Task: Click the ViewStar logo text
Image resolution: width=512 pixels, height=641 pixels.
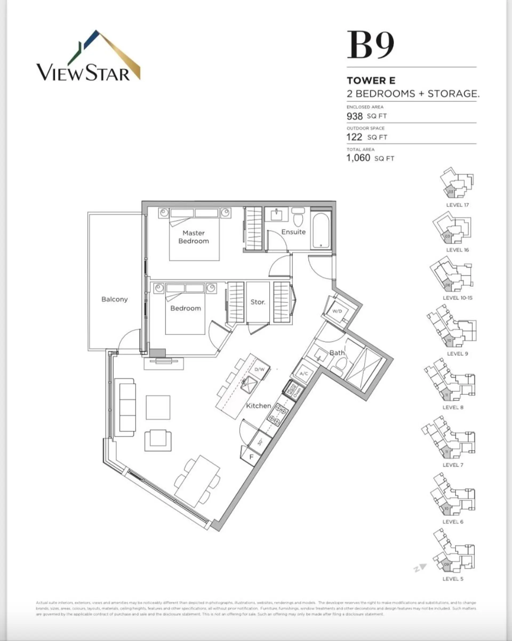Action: point(83,73)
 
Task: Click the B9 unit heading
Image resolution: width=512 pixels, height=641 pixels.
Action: point(370,45)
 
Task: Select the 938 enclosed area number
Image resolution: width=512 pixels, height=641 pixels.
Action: point(354,116)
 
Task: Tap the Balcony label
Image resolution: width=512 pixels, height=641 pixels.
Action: point(114,299)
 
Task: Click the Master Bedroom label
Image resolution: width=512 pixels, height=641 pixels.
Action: point(194,237)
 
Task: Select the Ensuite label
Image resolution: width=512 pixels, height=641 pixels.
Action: point(293,232)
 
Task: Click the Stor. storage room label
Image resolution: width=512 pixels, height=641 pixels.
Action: point(258,302)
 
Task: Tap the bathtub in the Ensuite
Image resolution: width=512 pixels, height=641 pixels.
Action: point(321,230)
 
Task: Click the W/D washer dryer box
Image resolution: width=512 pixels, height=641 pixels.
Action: point(337,311)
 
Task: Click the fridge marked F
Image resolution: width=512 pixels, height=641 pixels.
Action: point(251,456)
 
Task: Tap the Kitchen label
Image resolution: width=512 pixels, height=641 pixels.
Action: point(258,406)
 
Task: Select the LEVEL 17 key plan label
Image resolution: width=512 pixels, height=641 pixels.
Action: point(457,205)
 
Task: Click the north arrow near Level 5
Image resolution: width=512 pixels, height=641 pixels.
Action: point(420,568)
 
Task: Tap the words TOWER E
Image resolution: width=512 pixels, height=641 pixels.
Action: point(371,81)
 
